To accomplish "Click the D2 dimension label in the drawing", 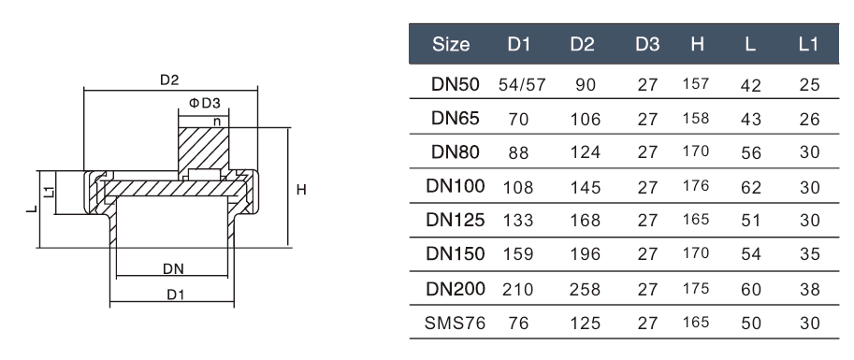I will click(x=168, y=80).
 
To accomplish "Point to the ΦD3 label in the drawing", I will click(x=204, y=103).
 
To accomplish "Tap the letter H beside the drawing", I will click(x=301, y=190).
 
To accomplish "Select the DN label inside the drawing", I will click(x=172, y=268).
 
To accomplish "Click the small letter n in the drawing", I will click(x=217, y=121).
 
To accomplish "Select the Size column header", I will click(x=452, y=44).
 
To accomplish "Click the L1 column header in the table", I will click(x=809, y=44).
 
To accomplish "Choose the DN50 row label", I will click(x=456, y=84).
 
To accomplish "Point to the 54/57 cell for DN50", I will click(x=521, y=85).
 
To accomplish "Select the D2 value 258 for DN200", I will click(x=585, y=290).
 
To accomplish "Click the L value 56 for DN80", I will click(x=751, y=153).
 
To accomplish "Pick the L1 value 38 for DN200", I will click(x=809, y=290).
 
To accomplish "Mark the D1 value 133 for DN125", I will click(x=518, y=221).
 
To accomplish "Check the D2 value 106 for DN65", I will click(x=585, y=119).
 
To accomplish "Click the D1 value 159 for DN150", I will click(x=518, y=255).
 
